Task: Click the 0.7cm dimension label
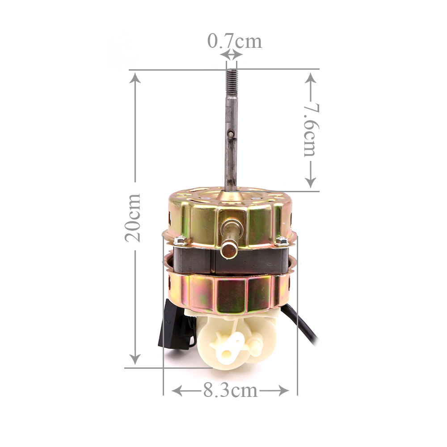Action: [234, 41]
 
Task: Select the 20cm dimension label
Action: [133, 218]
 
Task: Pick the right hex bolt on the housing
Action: [281, 241]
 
